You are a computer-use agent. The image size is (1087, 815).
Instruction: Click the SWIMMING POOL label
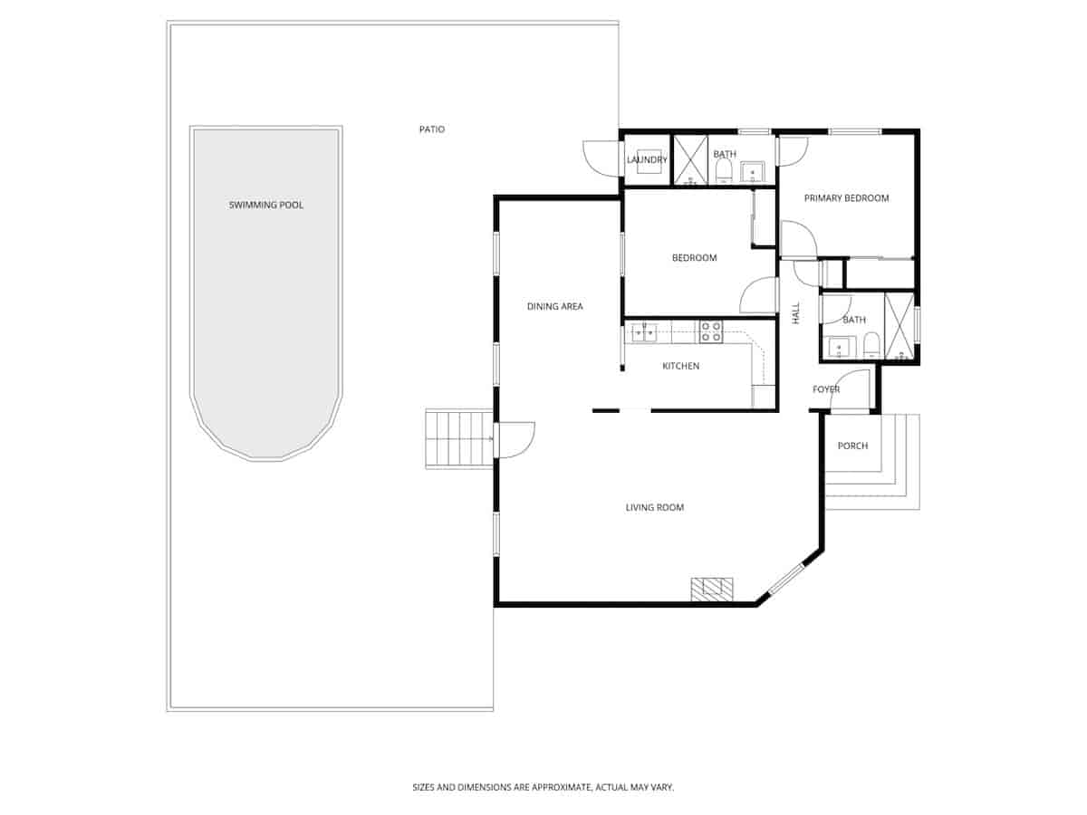[x=265, y=206]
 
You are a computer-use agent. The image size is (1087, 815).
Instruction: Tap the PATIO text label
[x=431, y=129]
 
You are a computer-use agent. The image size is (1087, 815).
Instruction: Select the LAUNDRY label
[x=647, y=160]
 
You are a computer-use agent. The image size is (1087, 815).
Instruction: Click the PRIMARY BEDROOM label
[x=846, y=198]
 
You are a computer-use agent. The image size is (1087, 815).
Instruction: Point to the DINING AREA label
[x=554, y=307]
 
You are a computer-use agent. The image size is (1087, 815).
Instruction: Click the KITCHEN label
[x=680, y=367]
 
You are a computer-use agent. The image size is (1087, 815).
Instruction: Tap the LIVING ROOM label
[x=654, y=508]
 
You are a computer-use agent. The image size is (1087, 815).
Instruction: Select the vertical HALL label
[x=796, y=313]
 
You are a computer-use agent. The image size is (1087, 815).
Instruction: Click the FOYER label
[x=825, y=390]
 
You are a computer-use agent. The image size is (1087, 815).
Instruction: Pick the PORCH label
[x=852, y=446]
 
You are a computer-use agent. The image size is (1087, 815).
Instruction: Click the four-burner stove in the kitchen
[x=710, y=331]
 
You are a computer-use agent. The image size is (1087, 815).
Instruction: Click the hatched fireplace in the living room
[x=712, y=590]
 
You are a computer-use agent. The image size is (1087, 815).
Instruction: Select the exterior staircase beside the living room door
[x=458, y=439]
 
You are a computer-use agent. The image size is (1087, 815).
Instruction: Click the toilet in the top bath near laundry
[x=723, y=172]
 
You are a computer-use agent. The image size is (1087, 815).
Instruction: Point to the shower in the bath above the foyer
[x=899, y=327]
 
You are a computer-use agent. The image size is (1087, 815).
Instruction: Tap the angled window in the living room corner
[x=786, y=580]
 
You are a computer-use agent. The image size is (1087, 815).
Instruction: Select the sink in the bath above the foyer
[x=838, y=347]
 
